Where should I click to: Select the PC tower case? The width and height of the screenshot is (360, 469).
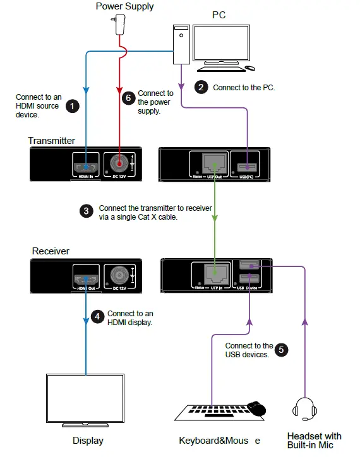[x=182, y=44]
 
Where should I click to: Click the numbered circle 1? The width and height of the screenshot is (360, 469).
[x=73, y=106]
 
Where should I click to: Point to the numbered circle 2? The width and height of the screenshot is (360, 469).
[x=200, y=88]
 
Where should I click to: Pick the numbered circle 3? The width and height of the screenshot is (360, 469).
[x=87, y=211]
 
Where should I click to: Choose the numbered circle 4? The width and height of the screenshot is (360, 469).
[x=97, y=317]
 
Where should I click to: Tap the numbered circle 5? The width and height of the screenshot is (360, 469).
[x=281, y=349]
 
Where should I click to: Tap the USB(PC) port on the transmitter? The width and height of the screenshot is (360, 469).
[x=246, y=167]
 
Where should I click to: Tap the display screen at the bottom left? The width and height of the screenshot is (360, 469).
[x=86, y=397]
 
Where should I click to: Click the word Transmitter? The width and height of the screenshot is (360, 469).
[x=51, y=140]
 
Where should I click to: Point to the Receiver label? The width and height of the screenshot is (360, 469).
[x=51, y=251]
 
